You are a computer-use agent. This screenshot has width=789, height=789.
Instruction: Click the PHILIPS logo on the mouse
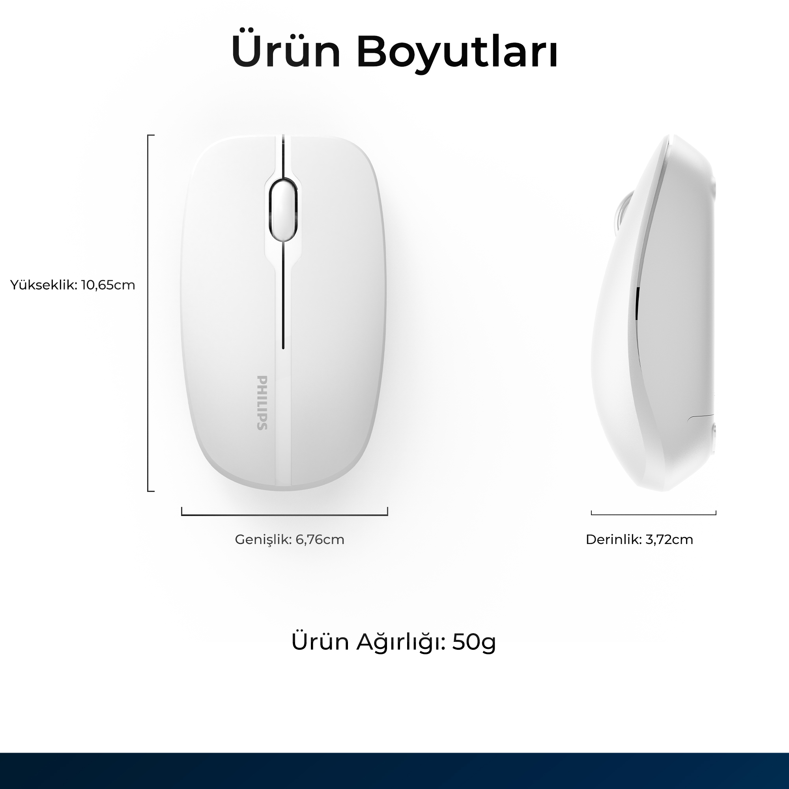tap(262, 403)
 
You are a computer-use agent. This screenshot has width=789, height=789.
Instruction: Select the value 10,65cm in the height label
tap(108, 285)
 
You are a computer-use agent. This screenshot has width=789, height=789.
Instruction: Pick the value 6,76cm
tap(320, 540)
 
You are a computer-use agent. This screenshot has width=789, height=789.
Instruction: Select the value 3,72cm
tap(669, 540)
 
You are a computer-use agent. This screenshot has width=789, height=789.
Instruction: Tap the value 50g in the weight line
tap(474, 642)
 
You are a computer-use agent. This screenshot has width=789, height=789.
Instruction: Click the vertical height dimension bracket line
tap(148, 313)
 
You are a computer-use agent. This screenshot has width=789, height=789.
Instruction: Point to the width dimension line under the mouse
tap(285, 515)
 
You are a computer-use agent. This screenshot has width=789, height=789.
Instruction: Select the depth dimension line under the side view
tap(653, 514)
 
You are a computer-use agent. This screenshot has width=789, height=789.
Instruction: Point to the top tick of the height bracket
tap(151, 135)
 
